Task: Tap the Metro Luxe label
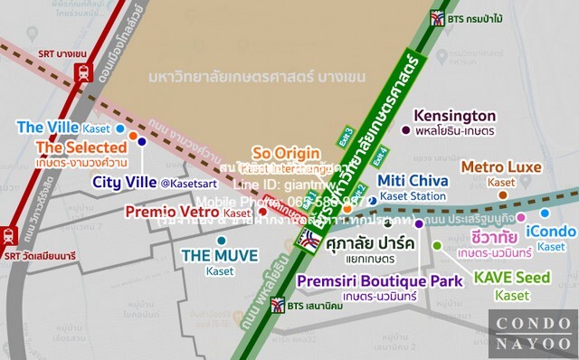pyautogui.click(x=501, y=167)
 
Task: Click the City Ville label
pyautogui.click(x=126, y=183)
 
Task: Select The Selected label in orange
pyautogui.click(x=80, y=147)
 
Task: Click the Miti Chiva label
pyautogui.click(x=412, y=180)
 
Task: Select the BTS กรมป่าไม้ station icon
pyautogui.click(x=439, y=18)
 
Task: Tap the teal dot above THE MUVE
pyautogui.click(x=222, y=241)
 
